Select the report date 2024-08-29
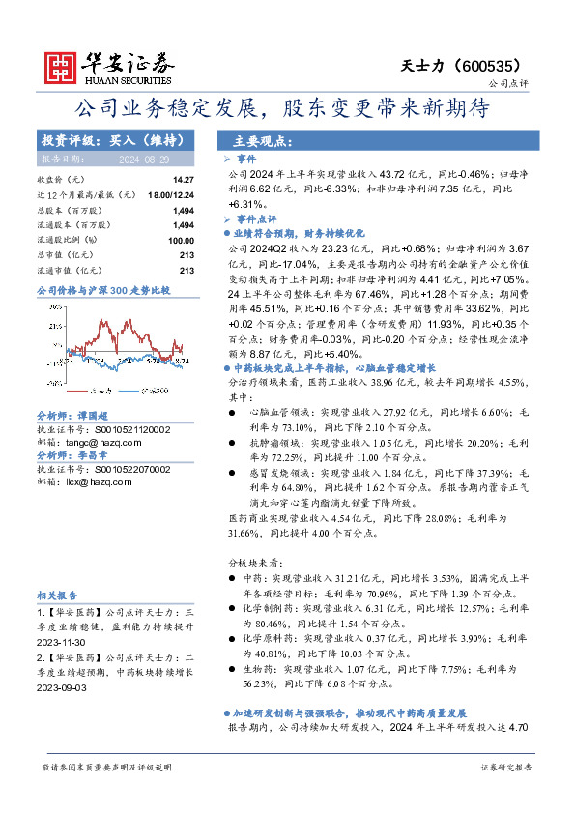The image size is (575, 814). point(141,159)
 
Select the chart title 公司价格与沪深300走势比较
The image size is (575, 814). point(102,289)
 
